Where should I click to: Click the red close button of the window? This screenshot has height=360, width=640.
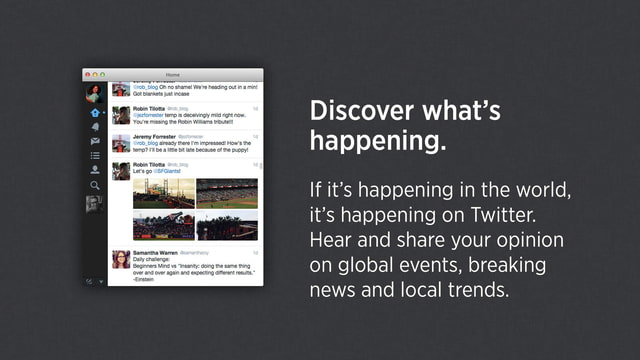[x=87, y=75]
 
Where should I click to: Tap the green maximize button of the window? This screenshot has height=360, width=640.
[x=101, y=75]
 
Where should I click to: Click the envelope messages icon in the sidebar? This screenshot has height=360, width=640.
[x=95, y=141]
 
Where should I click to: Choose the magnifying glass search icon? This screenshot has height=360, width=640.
[x=95, y=185]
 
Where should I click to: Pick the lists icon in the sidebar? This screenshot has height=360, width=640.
[x=95, y=156]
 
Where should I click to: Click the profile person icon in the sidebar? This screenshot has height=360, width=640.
[x=95, y=170]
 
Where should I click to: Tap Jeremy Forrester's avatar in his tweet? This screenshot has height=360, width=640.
[x=120, y=142]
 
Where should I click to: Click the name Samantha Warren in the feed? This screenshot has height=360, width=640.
[x=156, y=255]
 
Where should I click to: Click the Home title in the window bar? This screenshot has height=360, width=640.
[x=173, y=75]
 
